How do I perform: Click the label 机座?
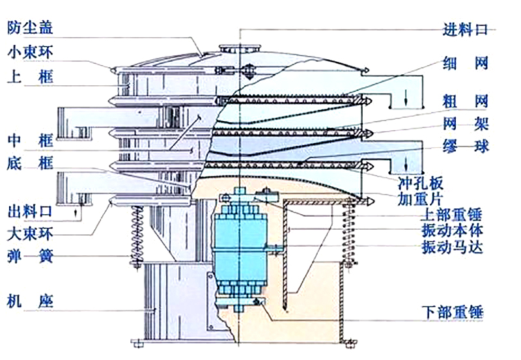[30, 300]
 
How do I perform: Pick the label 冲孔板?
[421, 178]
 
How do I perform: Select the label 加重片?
[421, 196]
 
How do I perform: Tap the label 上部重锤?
[452, 214]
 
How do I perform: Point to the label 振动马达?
[452, 247]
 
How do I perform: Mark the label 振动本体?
[452, 230]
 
